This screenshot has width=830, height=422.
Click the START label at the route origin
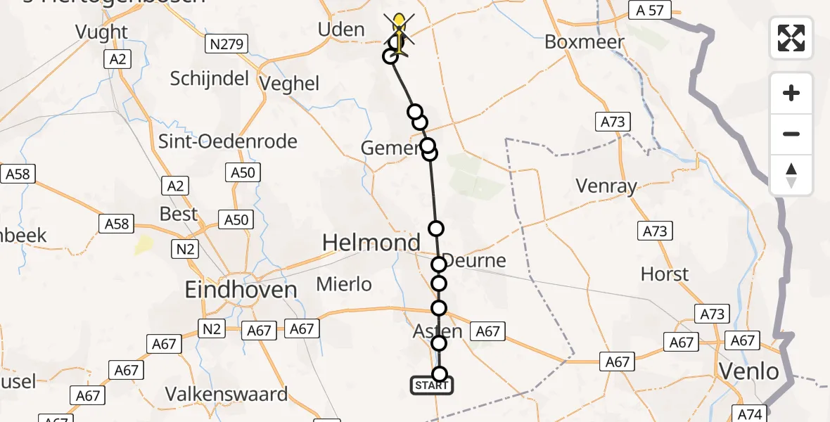click(x=431, y=385)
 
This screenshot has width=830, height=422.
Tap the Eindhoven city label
click(x=241, y=289)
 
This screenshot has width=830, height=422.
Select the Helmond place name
click(x=371, y=243)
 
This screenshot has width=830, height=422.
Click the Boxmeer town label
click(x=584, y=42)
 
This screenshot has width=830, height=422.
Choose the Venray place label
click(x=606, y=186)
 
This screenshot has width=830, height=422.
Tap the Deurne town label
click(x=475, y=261)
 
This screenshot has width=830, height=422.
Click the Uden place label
click(x=341, y=30)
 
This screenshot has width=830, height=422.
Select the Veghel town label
click(x=289, y=84)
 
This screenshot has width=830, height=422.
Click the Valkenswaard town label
click(x=226, y=394)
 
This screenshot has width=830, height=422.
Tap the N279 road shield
click(x=226, y=45)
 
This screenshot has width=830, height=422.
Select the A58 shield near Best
click(x=117, y=224)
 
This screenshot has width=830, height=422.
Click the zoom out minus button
click(x=791, y=134)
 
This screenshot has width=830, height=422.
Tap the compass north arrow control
click(x=791, y=175)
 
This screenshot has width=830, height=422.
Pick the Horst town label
click(x=665, y=274)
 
